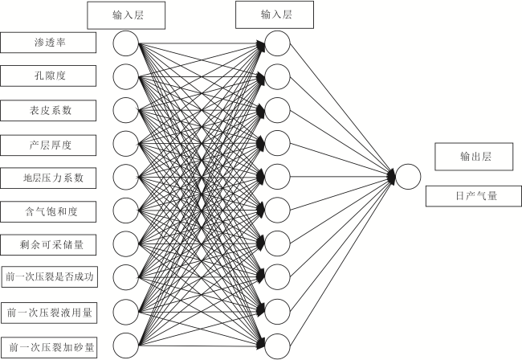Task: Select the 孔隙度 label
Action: [x=48, y=76]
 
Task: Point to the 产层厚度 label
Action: [x=48, y=145]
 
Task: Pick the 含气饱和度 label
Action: [x=48, y=212]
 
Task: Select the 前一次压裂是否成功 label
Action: [x=50, y=276]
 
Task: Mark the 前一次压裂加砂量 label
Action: [x=49, y=348]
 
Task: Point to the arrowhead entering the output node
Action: [x=392, y=176]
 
